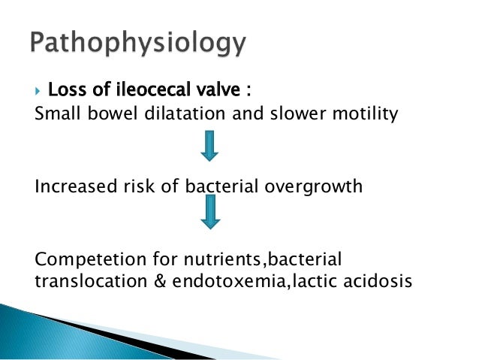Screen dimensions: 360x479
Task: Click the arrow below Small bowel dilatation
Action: [210, 145]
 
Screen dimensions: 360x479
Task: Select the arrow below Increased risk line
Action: [210, 213]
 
